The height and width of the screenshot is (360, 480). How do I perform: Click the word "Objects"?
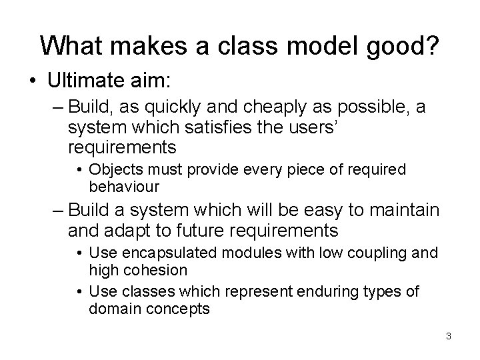tap(114, 169)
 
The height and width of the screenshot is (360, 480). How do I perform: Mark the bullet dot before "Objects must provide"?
tap(81, 170)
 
